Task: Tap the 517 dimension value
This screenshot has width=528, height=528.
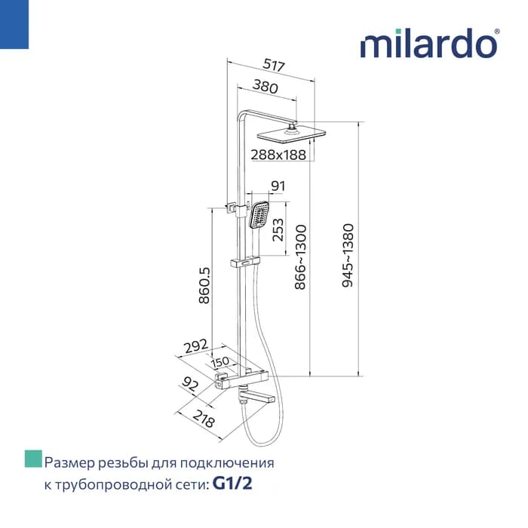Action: coord(274,65)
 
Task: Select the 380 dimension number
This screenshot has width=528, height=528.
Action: coord(266,86)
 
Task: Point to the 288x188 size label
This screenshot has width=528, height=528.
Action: coord(278,155)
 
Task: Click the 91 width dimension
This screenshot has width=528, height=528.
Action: coord(278,186)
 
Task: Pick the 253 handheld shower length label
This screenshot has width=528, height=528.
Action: coord(278,229)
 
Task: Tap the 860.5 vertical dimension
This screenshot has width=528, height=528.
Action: coord(204,286)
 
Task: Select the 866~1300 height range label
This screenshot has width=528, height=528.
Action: coord(300,257)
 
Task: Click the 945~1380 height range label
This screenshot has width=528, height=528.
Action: coord(348,255)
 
